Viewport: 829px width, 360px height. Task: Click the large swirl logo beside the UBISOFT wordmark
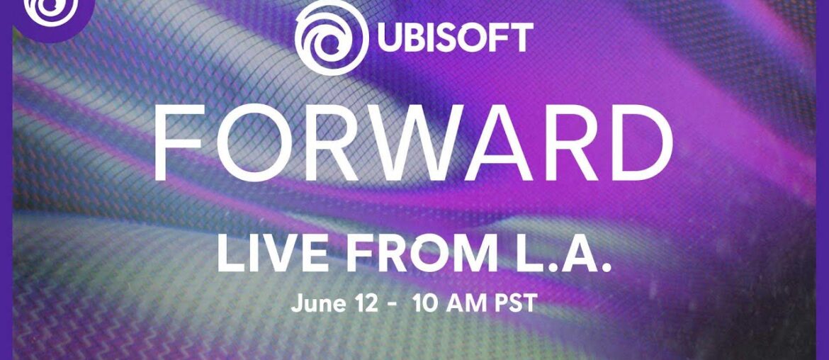click(x=331, y=38)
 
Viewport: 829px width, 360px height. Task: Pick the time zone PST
click(x=514, y=305)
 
